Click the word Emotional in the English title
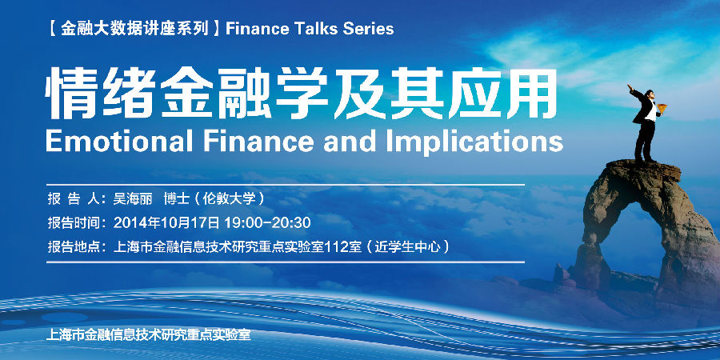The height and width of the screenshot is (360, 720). [x=119, y=141]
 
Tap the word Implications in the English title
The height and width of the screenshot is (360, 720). [x=474, y=142]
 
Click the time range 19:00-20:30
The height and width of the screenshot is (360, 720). [x=267, y=223]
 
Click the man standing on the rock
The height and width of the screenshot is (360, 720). [x=645, y=122]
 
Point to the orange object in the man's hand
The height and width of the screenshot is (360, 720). [x=662, y=108]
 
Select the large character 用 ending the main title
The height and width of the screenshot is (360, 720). [x=532, y=93]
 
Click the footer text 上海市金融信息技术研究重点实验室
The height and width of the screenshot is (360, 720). [x=148, y=334]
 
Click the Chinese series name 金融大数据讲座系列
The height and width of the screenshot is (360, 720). [x=134, y=29]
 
